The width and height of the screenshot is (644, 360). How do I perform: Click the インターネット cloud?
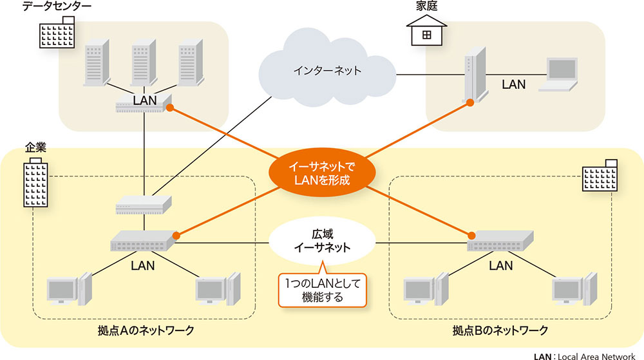[x=328, y=71]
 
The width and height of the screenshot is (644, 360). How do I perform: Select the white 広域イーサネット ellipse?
[x=321, y=240]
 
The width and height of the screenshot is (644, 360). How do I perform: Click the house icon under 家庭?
[x=426, y=32]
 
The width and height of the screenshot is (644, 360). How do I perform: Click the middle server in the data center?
[x=143, y=65]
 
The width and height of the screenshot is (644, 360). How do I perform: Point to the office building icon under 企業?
[x=36, y=183]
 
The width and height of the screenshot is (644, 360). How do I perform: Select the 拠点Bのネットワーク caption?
[x=500, y=330]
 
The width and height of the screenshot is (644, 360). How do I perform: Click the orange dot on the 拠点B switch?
[x=472, y=234]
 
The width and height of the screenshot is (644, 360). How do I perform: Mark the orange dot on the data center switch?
[x=171, y=108]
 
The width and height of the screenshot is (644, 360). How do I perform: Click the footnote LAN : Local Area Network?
[x=587, y=355]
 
